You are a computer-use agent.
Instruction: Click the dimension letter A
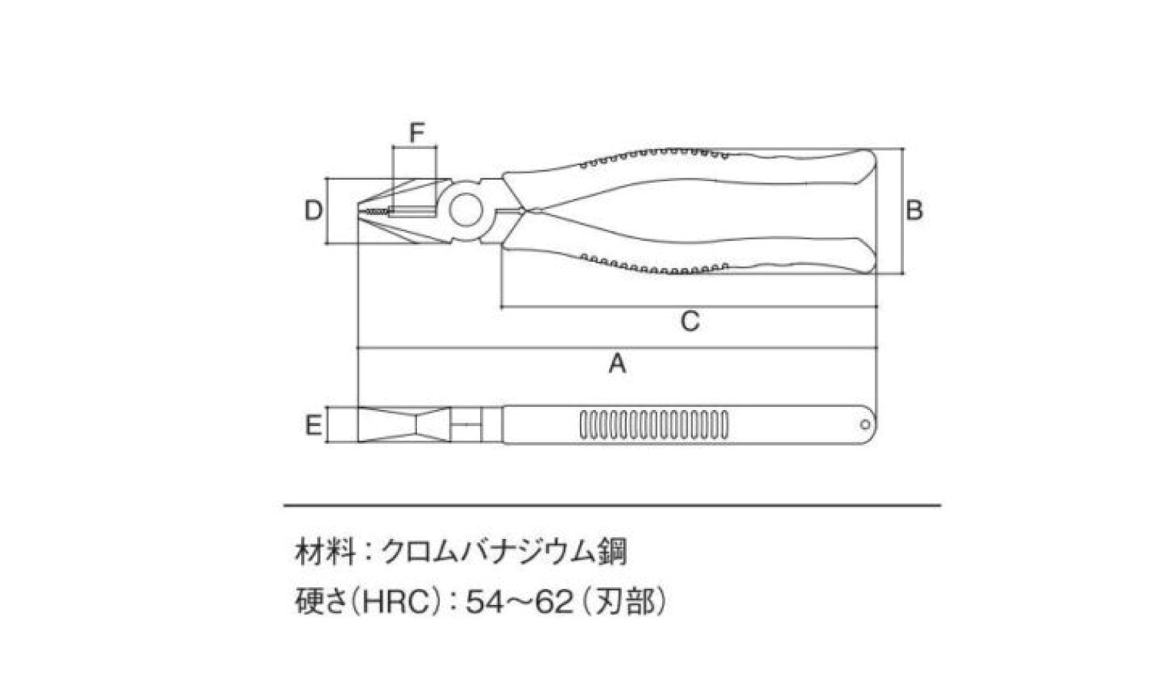pyautogui.click(x=617, y=364)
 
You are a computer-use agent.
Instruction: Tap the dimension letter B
pyautogui.click(x=914, y=211)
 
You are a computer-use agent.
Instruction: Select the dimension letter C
pyautogui.click(x=690, y=322)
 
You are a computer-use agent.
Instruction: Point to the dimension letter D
pyautogui.click(x=313, y=211)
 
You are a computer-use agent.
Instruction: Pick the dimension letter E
pyautogui.click(x=313, y=425)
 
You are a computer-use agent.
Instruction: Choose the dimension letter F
pyautogui.click(x=416, y=133)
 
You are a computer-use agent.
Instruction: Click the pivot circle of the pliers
pyautogui.click(x=465, y=210)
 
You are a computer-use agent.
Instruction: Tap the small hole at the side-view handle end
pyautogui.click(x=865, y=425)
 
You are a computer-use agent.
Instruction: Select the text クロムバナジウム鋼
pyautogui.click(x=504, y=552)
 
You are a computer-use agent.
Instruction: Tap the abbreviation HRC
pyautogui.click(x=396, y=601)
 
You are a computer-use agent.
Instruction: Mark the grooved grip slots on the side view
pyautogui.click(x=654, y=425)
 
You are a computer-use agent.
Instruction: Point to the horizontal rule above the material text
pyautogui.click(x=612, y=506)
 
